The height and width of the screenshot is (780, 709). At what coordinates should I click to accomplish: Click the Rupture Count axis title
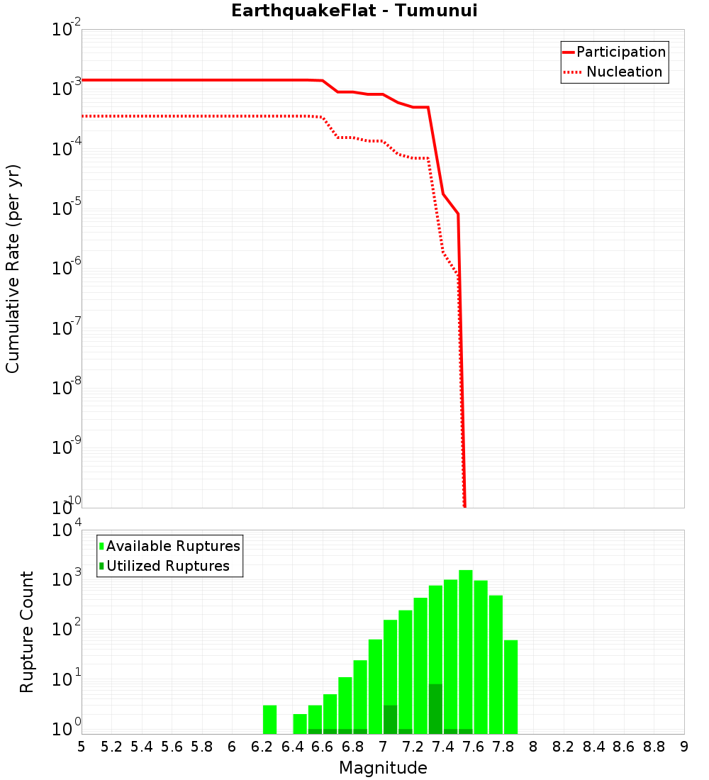coord(27,631)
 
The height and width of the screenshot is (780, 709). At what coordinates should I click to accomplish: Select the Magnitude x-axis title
coord(383,768)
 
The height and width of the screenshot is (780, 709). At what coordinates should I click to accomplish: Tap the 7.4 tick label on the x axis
coord(443,747)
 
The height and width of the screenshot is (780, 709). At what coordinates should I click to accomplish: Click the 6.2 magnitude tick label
coord(262,747)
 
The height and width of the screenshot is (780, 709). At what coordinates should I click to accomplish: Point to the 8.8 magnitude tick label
coord(654,747)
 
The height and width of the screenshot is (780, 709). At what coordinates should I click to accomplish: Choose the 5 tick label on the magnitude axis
coord(82,747)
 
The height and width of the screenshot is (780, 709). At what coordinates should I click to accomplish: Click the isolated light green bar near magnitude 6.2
coord(269,719)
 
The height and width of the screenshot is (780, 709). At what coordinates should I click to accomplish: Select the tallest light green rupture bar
coord(465,652)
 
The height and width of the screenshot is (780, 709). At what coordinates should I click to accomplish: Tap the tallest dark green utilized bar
coord(435,708)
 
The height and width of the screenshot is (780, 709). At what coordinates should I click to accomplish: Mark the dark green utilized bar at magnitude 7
coord(390,719)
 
